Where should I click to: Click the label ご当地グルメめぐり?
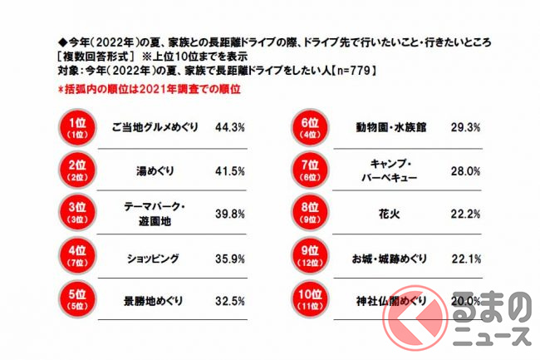click(x=155, y=129)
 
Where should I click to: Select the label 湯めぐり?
click(x=155, y=172)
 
